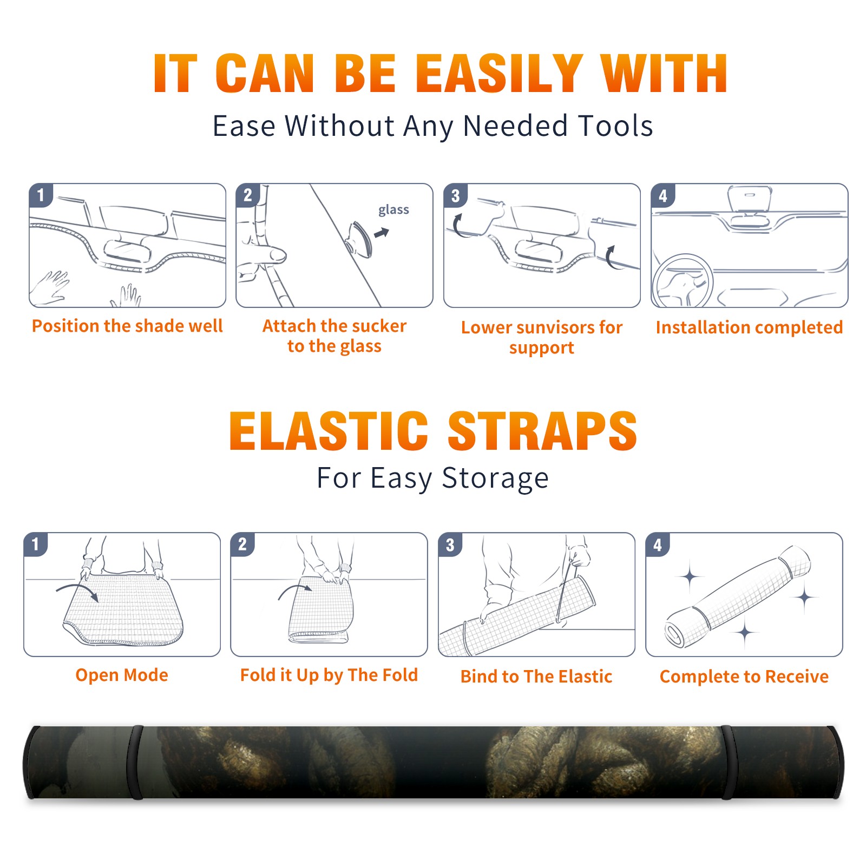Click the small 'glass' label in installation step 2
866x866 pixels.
(393, 210)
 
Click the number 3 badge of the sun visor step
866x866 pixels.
(455, 195)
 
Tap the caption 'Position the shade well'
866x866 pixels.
(127, 326)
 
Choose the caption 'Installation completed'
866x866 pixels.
(749, 327)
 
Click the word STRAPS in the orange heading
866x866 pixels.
(542, 431)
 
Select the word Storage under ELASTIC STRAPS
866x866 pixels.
(495, 478)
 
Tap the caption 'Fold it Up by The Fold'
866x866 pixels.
(329, 675)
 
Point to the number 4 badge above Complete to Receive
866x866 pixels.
(658, 544)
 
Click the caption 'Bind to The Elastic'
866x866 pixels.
(536, 677)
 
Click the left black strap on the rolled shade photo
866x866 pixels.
(135, 762)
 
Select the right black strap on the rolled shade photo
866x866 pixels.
(729, 762)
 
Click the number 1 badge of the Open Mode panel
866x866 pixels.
(35, 544)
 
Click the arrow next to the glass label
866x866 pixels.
(382, 233)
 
